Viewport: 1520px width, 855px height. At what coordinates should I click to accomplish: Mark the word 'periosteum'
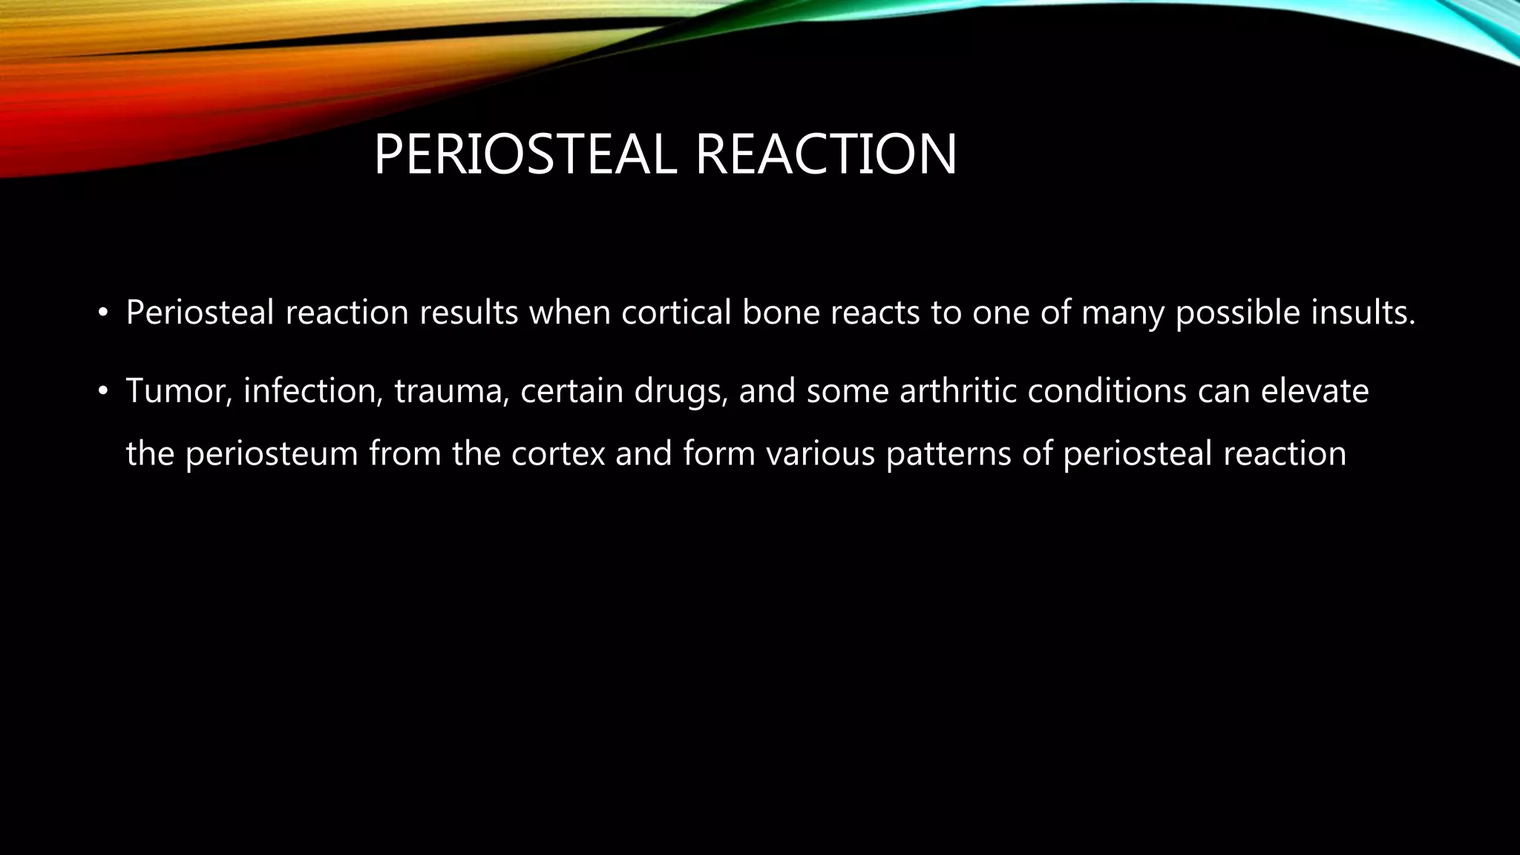click(272, 454)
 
